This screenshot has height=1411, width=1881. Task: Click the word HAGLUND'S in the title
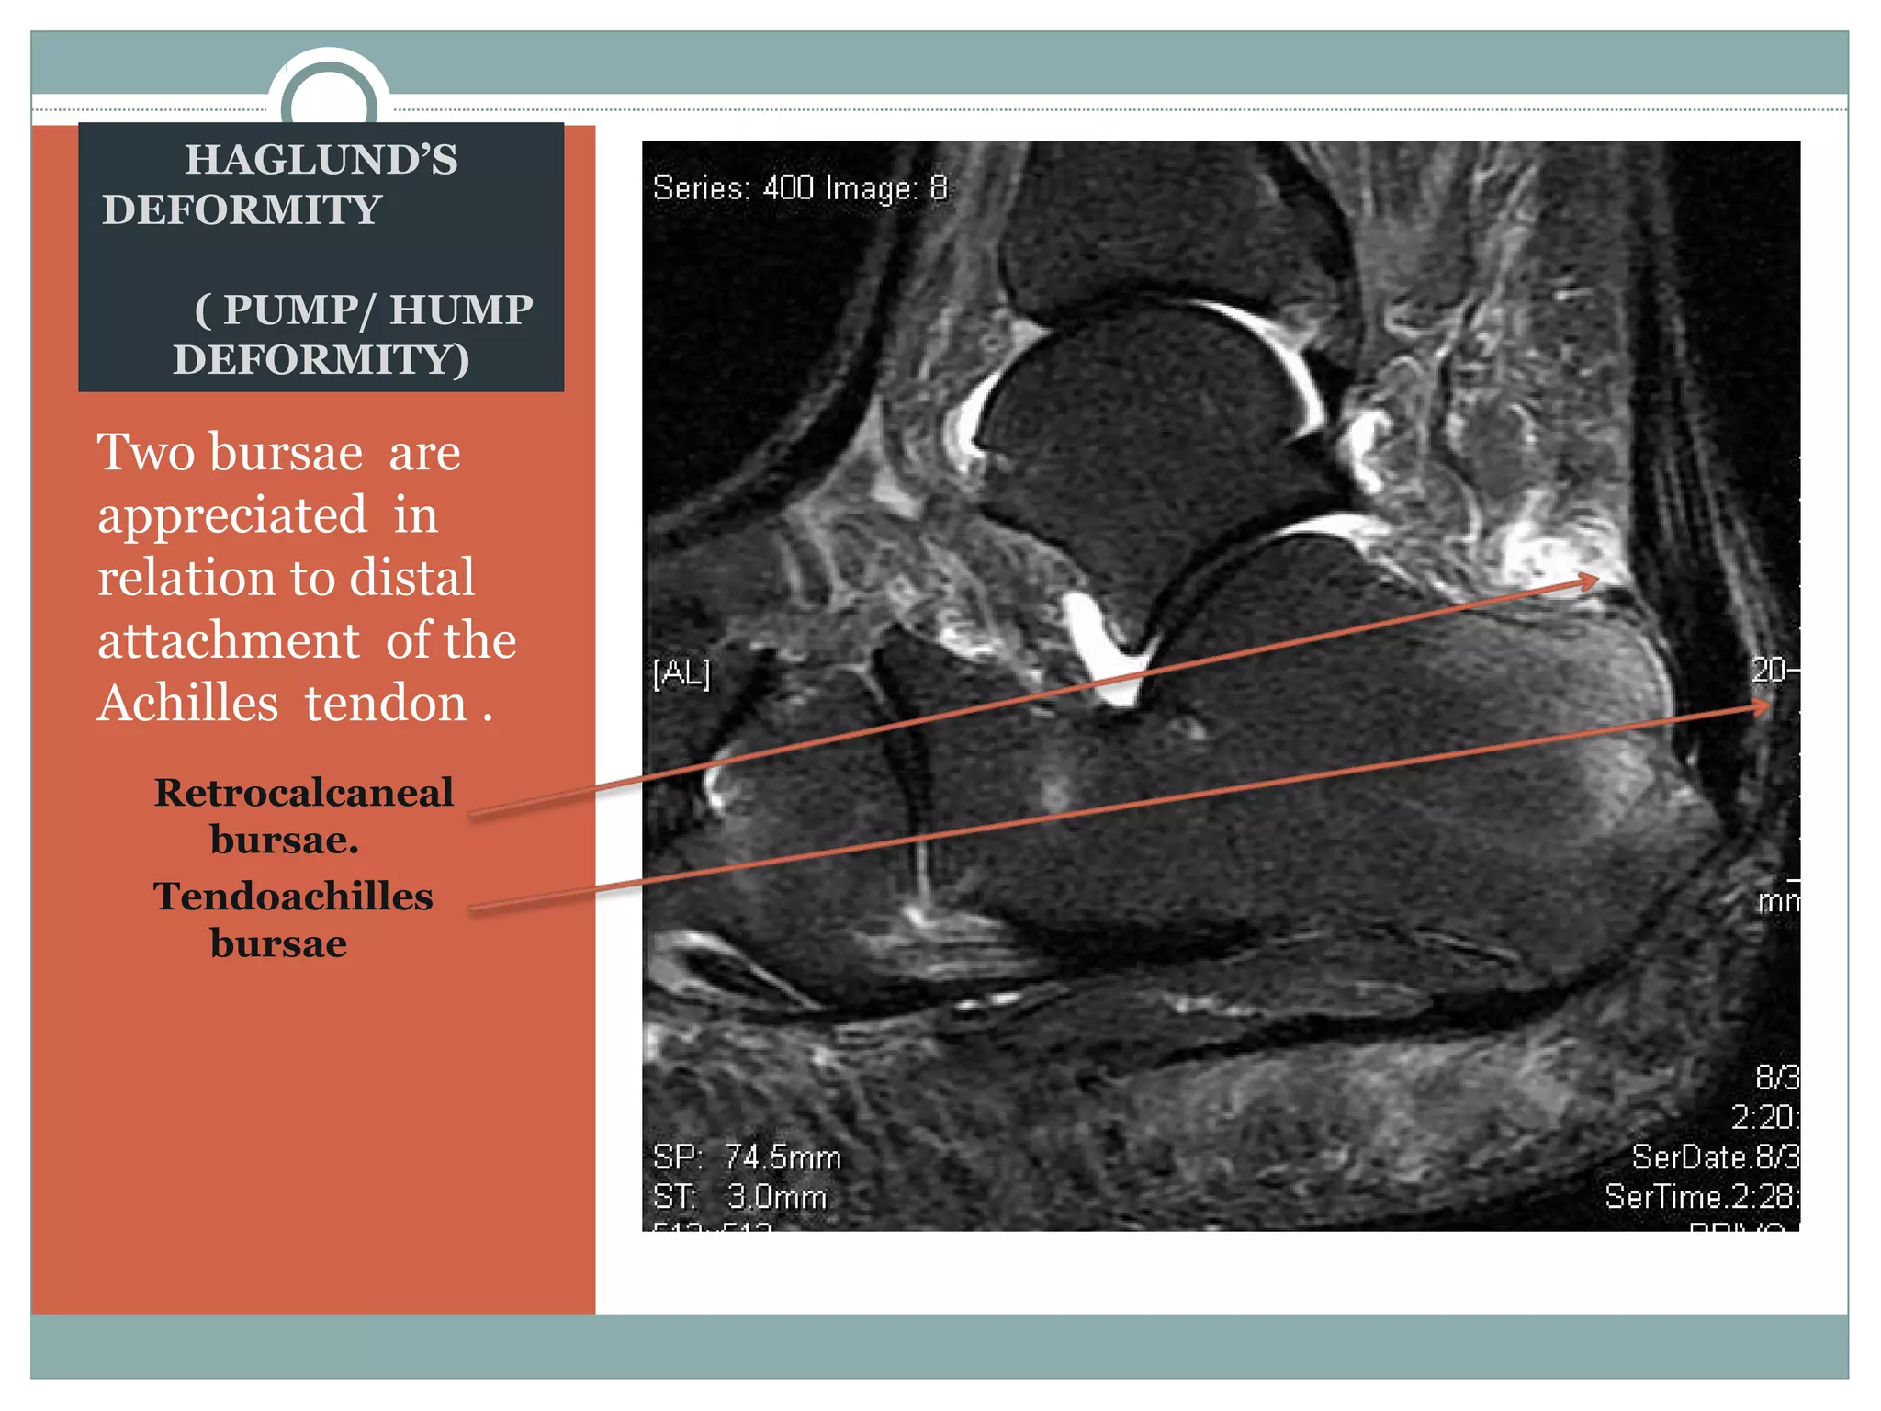point(321,160)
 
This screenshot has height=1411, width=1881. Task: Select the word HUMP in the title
point(461,310)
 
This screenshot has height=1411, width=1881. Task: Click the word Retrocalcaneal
point(303,793)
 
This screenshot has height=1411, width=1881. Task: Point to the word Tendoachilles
point(293,897)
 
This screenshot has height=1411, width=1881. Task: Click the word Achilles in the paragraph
point(188,704)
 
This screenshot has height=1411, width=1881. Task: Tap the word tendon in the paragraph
point(386,704)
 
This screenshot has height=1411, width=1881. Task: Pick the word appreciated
point(232,515)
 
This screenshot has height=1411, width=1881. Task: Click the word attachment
point(229,641)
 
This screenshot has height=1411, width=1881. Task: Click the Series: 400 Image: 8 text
point(799,188)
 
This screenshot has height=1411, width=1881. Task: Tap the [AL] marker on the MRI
point(681,673)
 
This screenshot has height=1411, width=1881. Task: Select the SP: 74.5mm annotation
point(747,1157)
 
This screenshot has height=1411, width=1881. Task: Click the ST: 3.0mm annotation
point(739,1197)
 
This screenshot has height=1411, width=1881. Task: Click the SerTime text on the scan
point(1701,1197)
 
